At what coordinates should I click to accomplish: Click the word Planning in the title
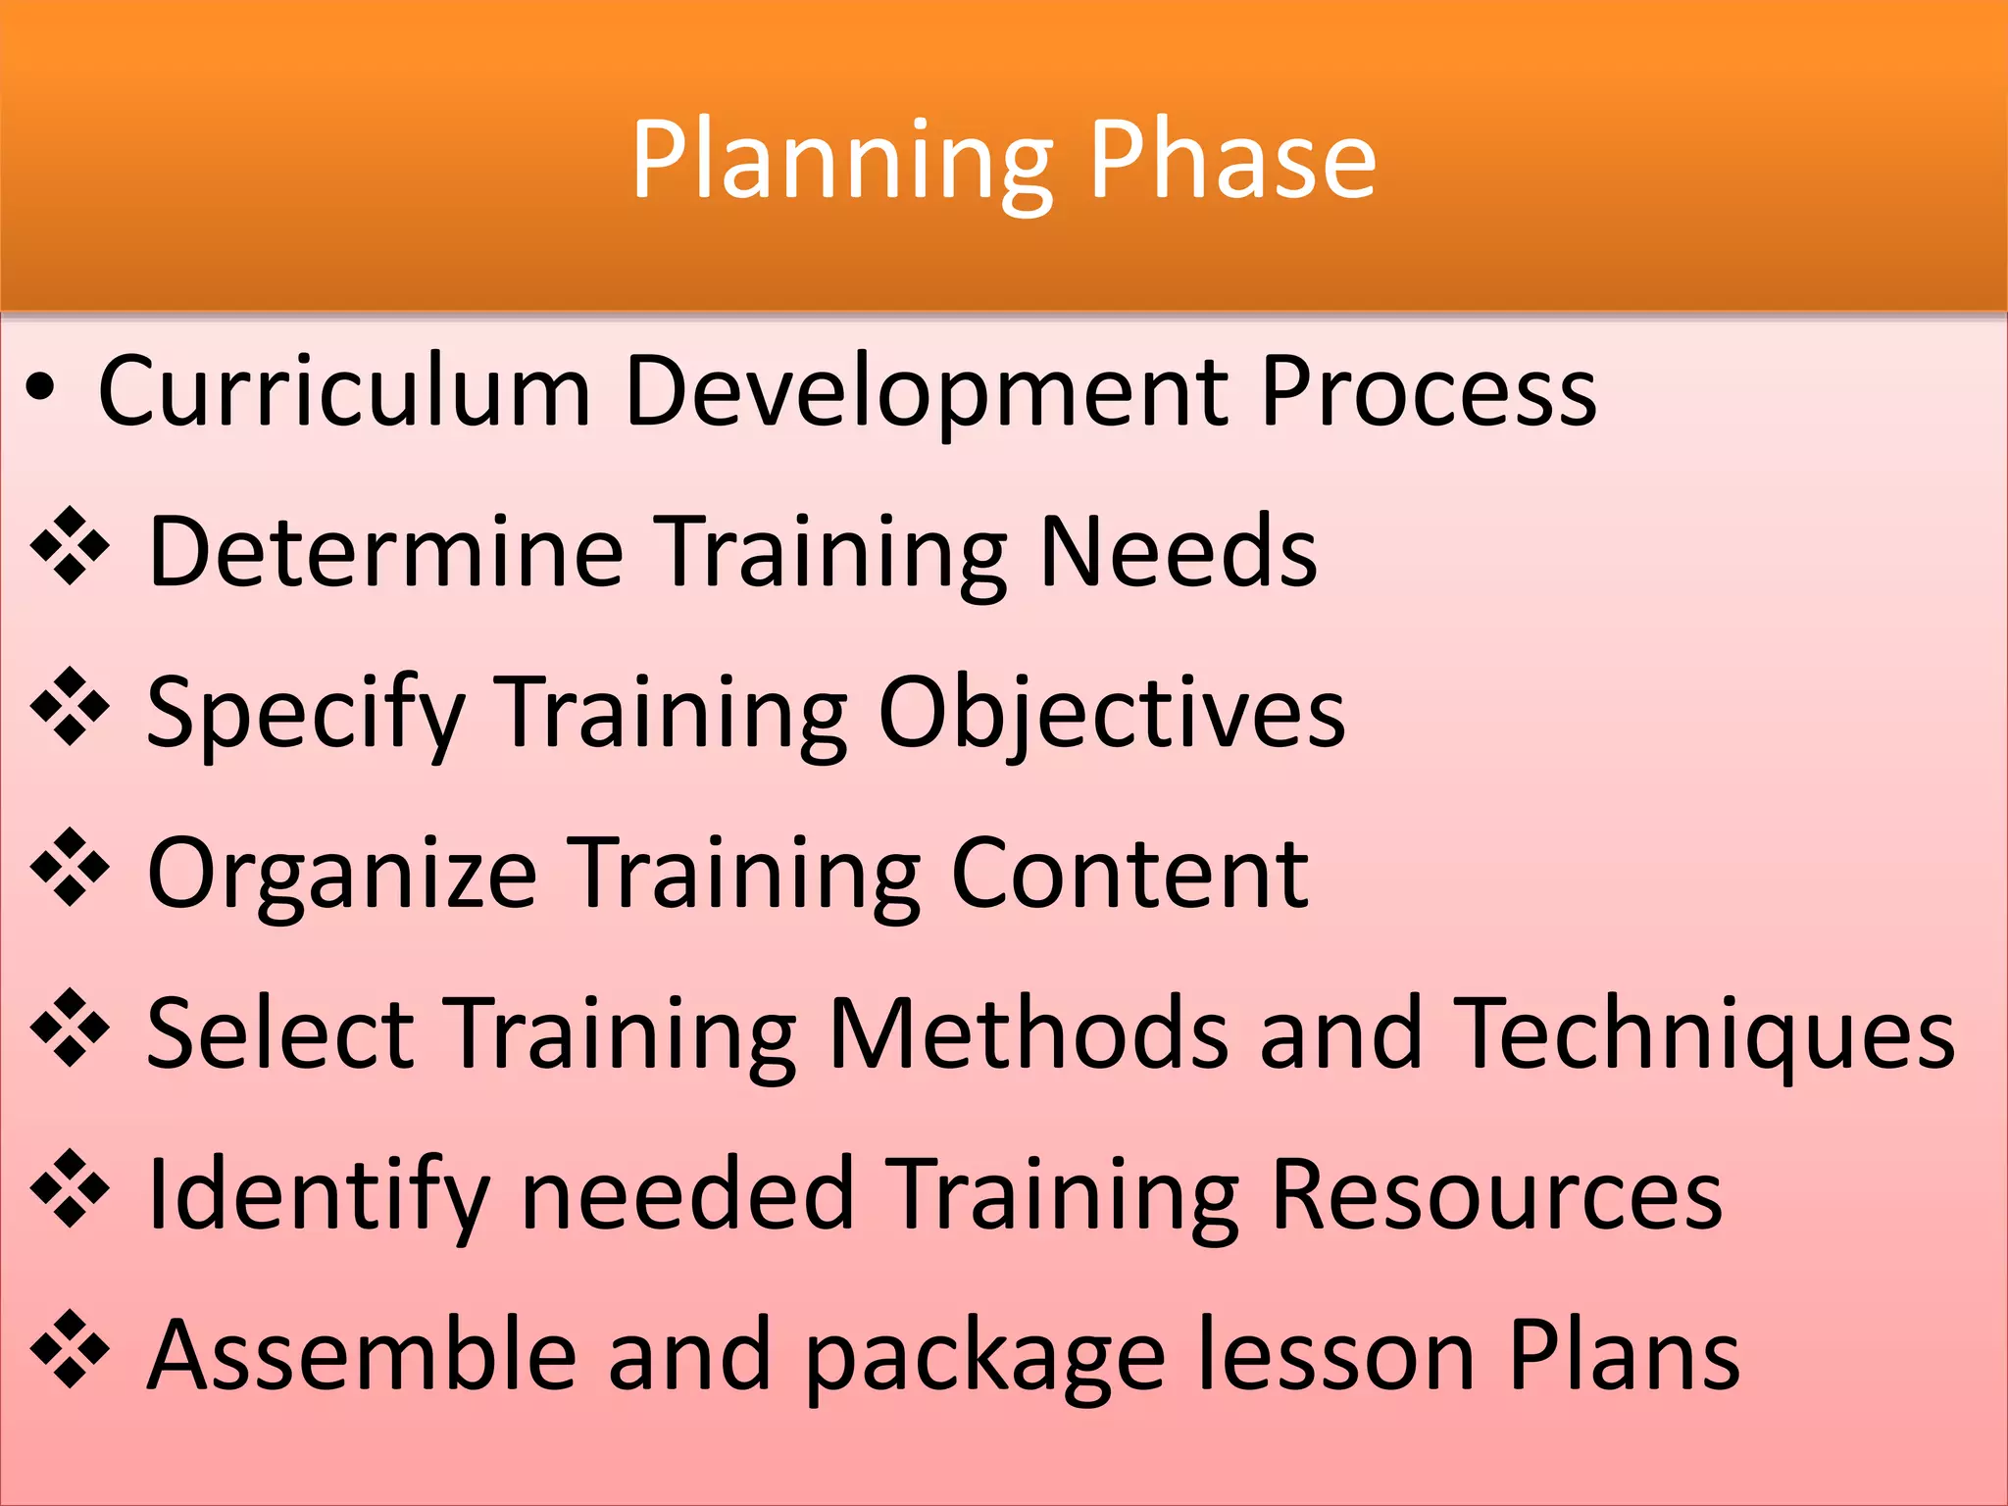pos(841,161)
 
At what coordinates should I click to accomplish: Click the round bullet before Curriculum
pos(40,390)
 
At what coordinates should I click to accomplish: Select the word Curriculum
pos(344,390)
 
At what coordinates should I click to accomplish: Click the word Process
pos(1429,390)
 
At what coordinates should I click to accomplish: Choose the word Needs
pos(1178,551)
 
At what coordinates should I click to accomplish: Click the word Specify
pos(305,714)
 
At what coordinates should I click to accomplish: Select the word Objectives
pos(1111,714)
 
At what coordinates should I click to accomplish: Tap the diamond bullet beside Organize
pos(70,867)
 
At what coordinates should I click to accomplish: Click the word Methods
pos(1028,1031)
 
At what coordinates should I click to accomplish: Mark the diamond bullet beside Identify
pos(70,1189)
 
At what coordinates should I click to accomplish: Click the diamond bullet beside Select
pos(70,1029)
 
